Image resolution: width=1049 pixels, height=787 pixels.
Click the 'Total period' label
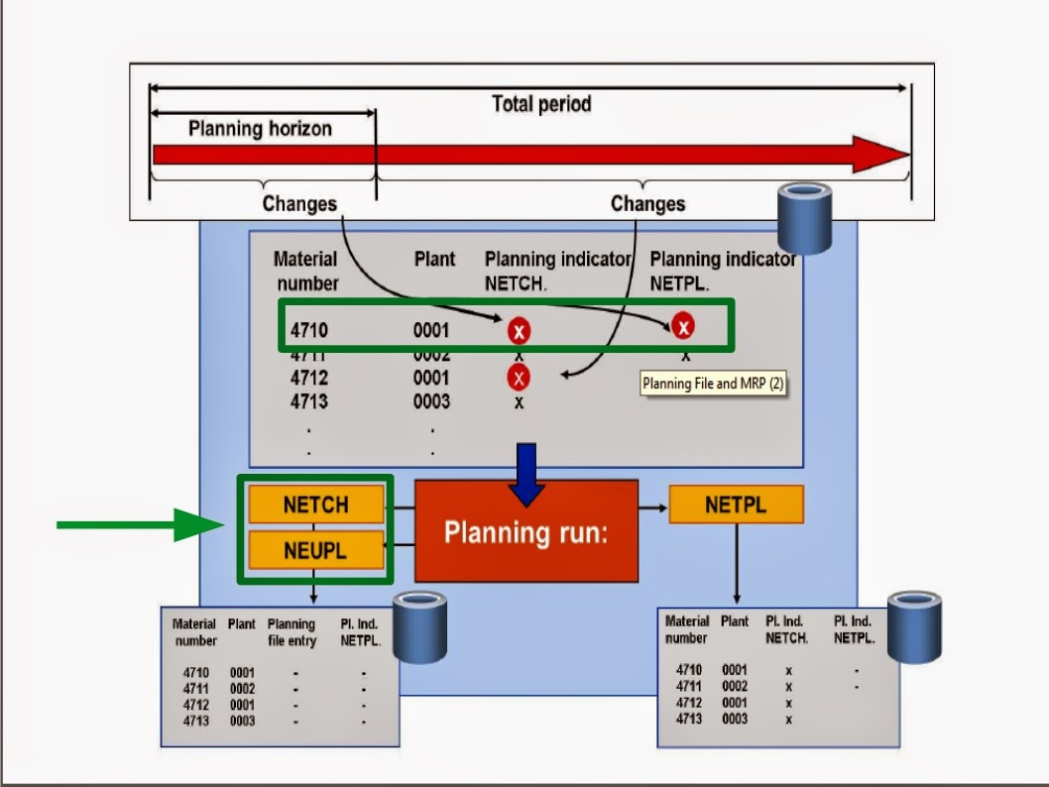(541, 104)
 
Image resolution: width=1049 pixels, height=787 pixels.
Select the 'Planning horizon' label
(260, 129)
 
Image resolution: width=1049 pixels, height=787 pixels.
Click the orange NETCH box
(315, 505)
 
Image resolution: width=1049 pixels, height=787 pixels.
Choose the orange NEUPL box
(315, 550)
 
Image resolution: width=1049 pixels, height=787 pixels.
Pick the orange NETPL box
(736, 505)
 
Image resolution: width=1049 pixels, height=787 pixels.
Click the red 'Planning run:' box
(525, 531)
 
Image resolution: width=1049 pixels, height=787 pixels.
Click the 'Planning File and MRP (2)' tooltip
(713, 384)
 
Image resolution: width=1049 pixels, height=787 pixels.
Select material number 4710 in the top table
(309, 330)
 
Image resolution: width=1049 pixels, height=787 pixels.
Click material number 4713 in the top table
(309, 401)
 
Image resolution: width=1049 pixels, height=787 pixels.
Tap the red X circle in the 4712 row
(519, 378)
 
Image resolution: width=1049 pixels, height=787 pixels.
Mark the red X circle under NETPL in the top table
(682, 325)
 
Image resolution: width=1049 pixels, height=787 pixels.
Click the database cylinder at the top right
(803, 218)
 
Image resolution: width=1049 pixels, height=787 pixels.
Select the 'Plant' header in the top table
(434, 260)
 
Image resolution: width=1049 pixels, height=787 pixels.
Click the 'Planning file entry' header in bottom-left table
(291, 632)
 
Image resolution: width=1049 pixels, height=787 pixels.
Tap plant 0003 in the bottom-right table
(735, 720)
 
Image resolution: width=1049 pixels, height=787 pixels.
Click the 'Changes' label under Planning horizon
(299, 204)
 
